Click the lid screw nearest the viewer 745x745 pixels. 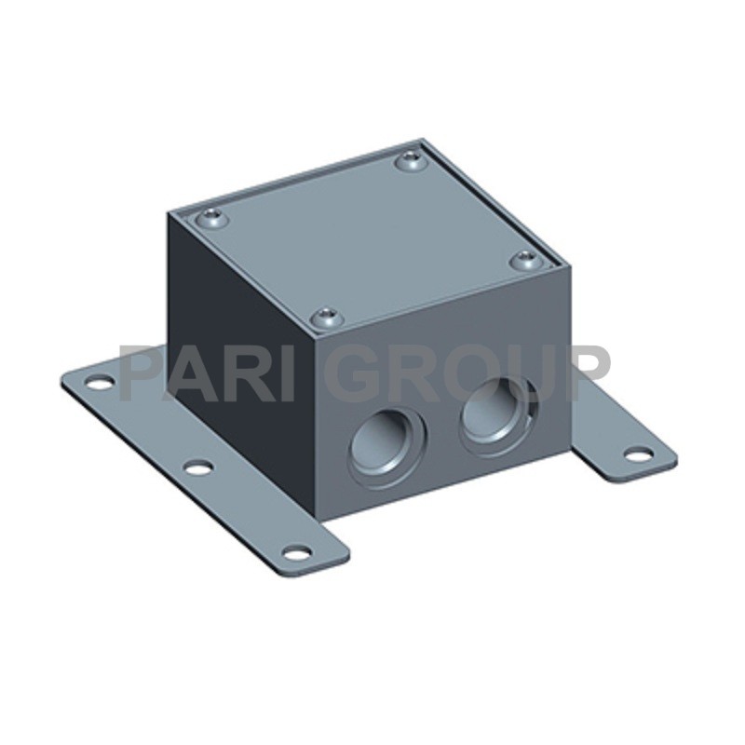click(327, 317)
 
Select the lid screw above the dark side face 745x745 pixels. click(212, 219)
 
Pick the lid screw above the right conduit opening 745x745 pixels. click(526, 261)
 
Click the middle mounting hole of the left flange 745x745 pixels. click(197, 468)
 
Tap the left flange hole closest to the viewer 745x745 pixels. click(297, 552)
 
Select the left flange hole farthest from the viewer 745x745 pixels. click(102, 382)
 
